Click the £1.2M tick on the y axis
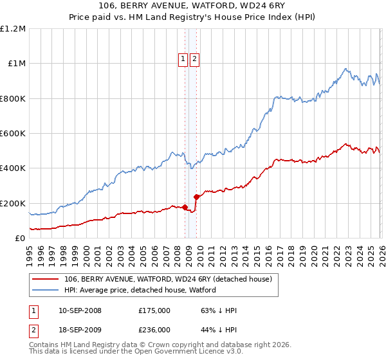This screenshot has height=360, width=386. point(13,29)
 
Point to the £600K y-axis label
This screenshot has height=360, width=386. point(13,134)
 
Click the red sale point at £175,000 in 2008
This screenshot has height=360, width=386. point(185,208)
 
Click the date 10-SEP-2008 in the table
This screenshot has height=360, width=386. point(80,310)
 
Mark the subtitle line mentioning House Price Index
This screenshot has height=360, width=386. point(193,17)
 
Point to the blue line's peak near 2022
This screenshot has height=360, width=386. point(345,69)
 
